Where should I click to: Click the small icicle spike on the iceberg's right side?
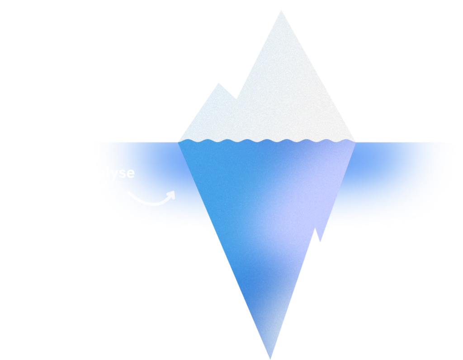tap(321, 236)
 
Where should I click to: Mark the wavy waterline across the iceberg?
tap(267, 140)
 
